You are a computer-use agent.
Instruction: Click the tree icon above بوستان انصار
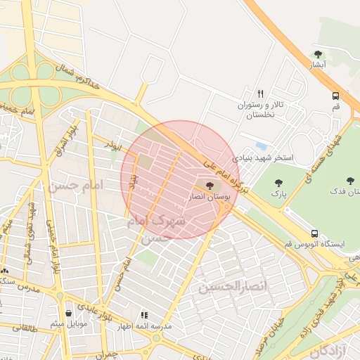[x=210, y=186]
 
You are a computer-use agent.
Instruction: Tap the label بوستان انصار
[x=208, y=198]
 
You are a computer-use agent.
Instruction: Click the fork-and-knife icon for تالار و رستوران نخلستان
[x=260, y=93]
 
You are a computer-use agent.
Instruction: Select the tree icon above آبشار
[x=319, y=53]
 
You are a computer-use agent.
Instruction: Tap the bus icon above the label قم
[x=335, y=96]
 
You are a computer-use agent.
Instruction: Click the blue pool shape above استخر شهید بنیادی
[x=262, y=146]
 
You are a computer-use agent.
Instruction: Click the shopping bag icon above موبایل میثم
[x=68, y=313]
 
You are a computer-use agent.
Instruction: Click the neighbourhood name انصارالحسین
[x=233, y=288]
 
